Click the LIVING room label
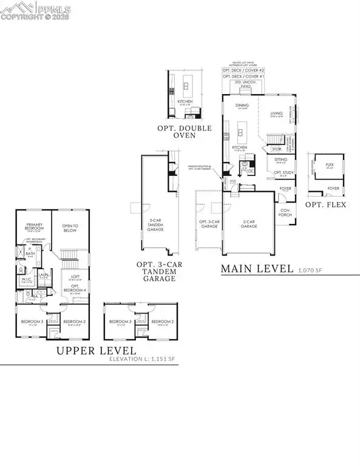[x=277, y=113]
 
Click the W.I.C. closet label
[x=27, y=280]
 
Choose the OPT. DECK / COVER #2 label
[x=245, y=70]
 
